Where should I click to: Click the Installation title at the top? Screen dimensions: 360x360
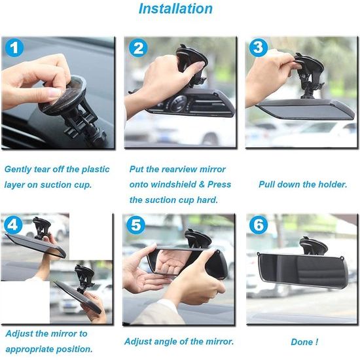175,9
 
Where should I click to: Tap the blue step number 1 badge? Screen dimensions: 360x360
15,49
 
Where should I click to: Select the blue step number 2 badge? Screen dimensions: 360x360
137,49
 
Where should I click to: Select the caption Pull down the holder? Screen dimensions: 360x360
302,185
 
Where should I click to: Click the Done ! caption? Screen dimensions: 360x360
304,342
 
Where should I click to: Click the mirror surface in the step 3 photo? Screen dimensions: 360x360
308,109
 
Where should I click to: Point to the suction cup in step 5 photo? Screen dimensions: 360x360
198,238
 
